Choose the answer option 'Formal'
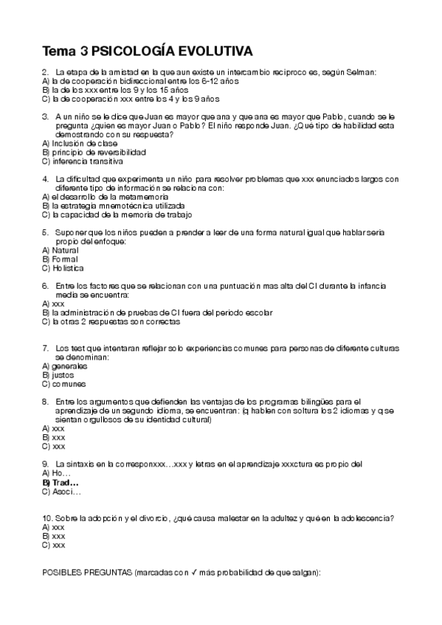[x=65, y=259]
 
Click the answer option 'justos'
[x=64, y=375]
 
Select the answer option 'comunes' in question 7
[x=69, y=384]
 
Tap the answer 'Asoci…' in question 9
[x=67, y=491]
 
